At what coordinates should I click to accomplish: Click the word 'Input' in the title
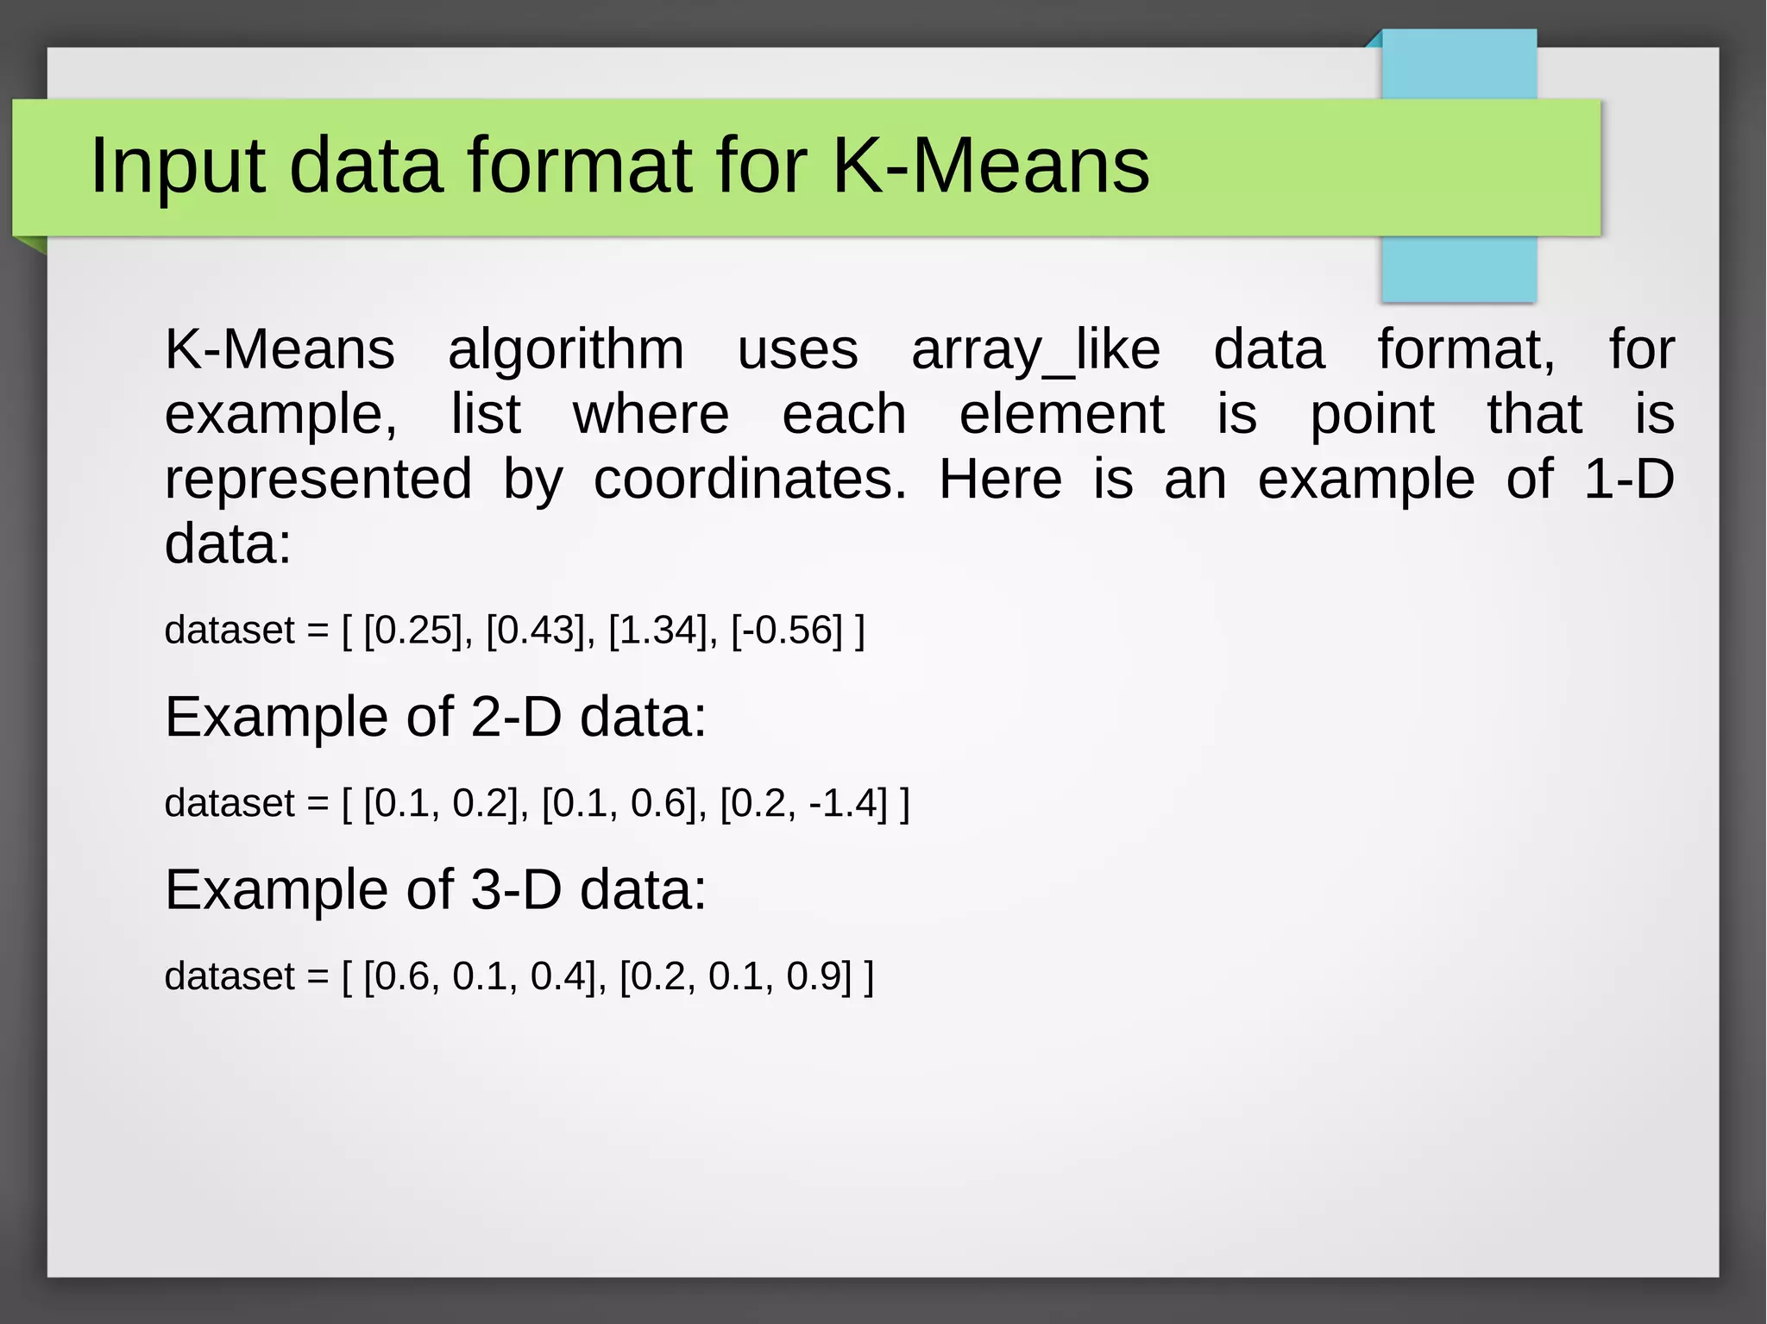pos(177,166)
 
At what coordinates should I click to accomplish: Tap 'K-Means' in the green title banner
pos(990,166)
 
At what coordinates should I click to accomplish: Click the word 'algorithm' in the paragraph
pos(566,350)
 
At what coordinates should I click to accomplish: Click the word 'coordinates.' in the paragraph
pos(750,480)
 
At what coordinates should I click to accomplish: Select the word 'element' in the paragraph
pos(1061,415)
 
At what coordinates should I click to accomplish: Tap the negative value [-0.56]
pos(786,631)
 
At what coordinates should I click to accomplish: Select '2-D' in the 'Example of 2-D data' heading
pos(516,718)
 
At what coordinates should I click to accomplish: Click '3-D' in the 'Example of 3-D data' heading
pos(516,890)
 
